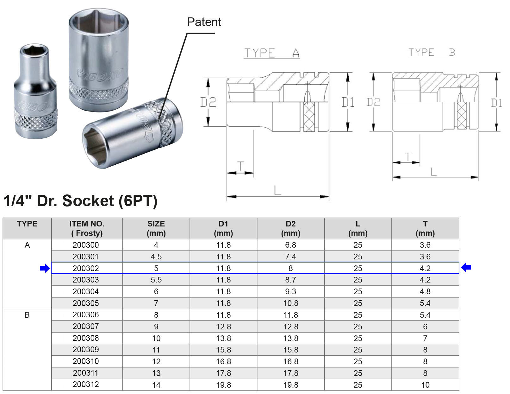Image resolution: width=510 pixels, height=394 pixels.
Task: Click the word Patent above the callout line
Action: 204,22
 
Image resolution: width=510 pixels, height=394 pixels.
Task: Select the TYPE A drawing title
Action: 272,53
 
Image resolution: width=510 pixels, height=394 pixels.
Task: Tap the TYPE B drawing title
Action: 432,52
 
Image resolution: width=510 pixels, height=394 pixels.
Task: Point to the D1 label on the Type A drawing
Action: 348,102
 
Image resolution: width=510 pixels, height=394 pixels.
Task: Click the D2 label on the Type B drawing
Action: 373,102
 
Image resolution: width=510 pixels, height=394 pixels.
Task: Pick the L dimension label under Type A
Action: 277,190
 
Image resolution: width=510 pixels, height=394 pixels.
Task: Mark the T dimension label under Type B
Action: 408,156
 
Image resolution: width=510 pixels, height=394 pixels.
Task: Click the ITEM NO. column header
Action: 87,228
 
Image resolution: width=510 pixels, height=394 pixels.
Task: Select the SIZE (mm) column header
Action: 156,228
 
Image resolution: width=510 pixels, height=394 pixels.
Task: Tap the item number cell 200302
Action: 86,268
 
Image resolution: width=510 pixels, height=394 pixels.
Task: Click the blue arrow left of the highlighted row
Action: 45,268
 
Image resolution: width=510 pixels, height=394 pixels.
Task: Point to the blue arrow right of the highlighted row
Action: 466,267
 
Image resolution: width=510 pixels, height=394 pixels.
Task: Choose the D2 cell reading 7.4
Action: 290,257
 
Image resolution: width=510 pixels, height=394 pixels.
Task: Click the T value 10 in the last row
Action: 425,385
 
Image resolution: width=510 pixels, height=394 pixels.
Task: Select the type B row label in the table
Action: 27,315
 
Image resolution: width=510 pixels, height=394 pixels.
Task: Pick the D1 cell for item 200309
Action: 223,350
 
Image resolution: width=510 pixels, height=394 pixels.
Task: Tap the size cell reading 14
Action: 156,385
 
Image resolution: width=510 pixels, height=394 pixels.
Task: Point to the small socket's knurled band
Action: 36,119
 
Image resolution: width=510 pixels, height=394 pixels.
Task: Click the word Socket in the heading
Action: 88,201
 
